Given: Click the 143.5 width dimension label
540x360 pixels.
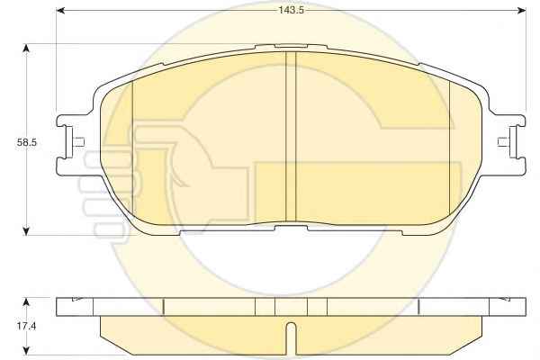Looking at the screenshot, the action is [x=291, y=10].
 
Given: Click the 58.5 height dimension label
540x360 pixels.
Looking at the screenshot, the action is [x=26, y=142].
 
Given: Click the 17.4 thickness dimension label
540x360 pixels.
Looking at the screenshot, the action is [x=26, y=326].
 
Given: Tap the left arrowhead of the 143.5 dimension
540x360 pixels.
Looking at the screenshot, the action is [x=60, y=11].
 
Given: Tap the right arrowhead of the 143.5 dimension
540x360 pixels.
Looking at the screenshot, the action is [x=522, y=11].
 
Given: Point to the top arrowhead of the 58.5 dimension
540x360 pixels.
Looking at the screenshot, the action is [x=26, y=48].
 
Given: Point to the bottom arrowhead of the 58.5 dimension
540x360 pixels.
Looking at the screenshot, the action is [x=26, y=231].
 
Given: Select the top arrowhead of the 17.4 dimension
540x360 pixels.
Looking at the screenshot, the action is [x=26, y=302].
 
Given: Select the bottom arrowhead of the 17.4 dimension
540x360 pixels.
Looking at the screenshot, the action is [x=26, y=351].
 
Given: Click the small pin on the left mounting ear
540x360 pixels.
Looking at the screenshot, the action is [x=79, y=142].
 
